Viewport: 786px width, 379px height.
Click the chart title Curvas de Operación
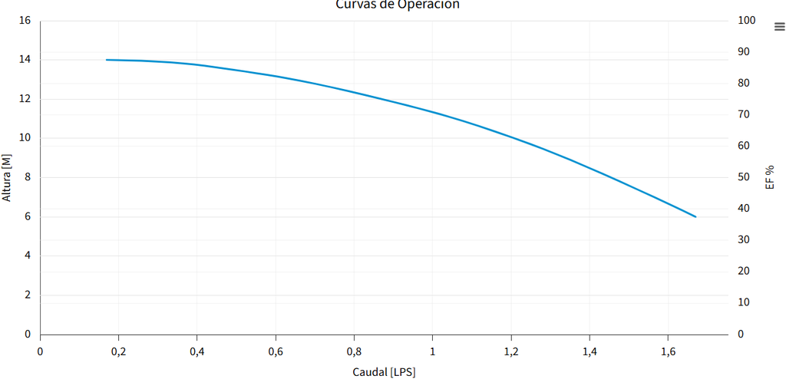pos(398,5)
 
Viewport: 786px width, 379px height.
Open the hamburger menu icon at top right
pos(780,26)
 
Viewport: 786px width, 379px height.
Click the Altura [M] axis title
pos(7,177)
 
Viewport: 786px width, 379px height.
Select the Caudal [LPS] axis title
pos(384,372)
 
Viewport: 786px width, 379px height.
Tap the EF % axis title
pos(770,177)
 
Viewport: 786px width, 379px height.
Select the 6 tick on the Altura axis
pos(28,217)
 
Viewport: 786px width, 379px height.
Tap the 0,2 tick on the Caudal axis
pos(118,351)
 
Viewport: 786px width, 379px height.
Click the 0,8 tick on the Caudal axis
pos(354,351)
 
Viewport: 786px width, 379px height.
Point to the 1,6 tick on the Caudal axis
pos(668,351)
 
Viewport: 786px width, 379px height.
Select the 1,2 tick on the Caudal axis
pos(511,351)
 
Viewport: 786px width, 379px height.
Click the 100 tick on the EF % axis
pos(746,21)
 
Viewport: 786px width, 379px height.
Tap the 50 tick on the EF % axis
pos(743,177)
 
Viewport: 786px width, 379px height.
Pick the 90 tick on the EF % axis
pos(743,52)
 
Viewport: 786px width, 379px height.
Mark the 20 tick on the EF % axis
pos(743,272)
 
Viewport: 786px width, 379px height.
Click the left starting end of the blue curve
pos(107,60)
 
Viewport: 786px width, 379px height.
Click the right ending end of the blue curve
pos(695,216)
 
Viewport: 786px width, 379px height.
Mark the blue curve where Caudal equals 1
pos(433,112)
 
